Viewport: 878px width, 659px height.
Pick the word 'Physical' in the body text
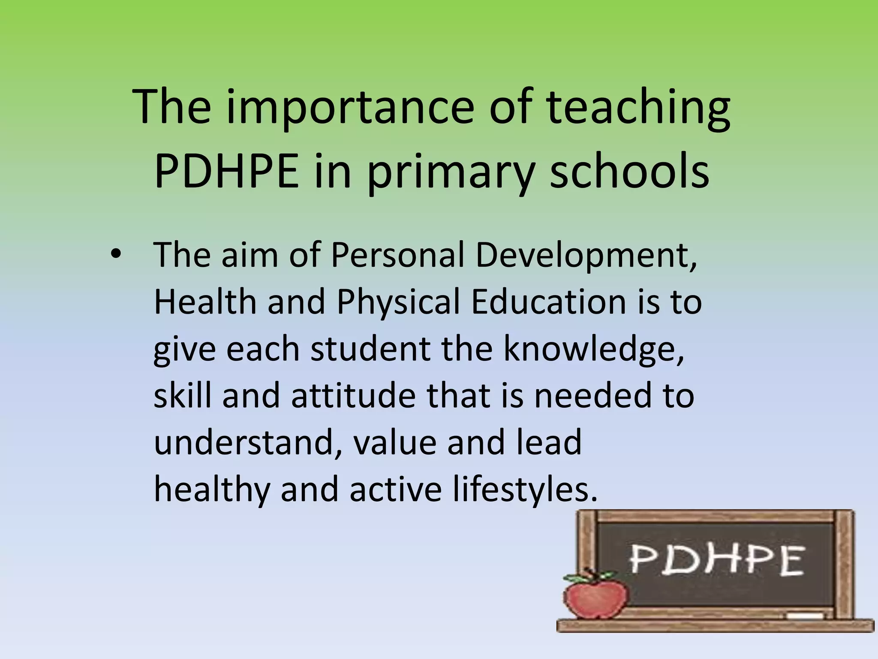coord(398,301)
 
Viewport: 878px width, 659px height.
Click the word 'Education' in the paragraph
coord(549,301)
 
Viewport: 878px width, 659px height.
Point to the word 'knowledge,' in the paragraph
coord(594,348)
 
